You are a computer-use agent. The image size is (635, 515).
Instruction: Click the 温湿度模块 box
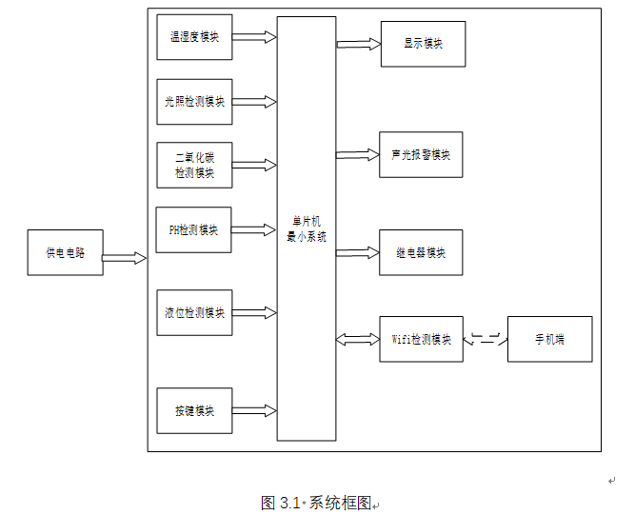[194, 37]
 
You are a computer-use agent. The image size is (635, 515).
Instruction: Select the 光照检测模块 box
[194, 102]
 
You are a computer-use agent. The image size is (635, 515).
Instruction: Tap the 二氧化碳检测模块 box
[194, 165]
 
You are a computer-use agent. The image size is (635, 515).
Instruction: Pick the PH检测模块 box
[193, 229]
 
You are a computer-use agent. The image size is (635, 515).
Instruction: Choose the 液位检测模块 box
[194, 313]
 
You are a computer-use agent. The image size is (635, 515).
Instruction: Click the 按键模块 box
[194, 411]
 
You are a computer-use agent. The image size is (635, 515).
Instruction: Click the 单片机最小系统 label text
[307, 230]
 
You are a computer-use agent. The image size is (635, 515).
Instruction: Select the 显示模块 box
[423, 44]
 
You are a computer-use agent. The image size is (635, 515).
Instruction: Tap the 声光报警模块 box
[421, 154]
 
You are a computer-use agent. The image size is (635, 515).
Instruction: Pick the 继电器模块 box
[421, 252]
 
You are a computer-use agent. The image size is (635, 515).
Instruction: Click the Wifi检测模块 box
[421, 339]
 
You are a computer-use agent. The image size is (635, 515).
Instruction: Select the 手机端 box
[549, 339]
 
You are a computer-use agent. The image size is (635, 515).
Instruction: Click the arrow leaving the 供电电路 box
[124, 258]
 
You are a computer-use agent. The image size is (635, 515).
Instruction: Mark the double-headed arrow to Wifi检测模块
[358, 339]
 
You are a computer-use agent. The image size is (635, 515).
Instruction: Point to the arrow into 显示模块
[358, 44]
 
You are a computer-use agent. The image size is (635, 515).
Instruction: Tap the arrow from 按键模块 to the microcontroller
[254, 411]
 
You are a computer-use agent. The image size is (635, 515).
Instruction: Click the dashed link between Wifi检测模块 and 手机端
[486, 338]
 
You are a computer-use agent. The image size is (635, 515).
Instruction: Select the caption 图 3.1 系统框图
[316, 503]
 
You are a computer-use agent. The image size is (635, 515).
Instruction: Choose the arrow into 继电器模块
[358, 252]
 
